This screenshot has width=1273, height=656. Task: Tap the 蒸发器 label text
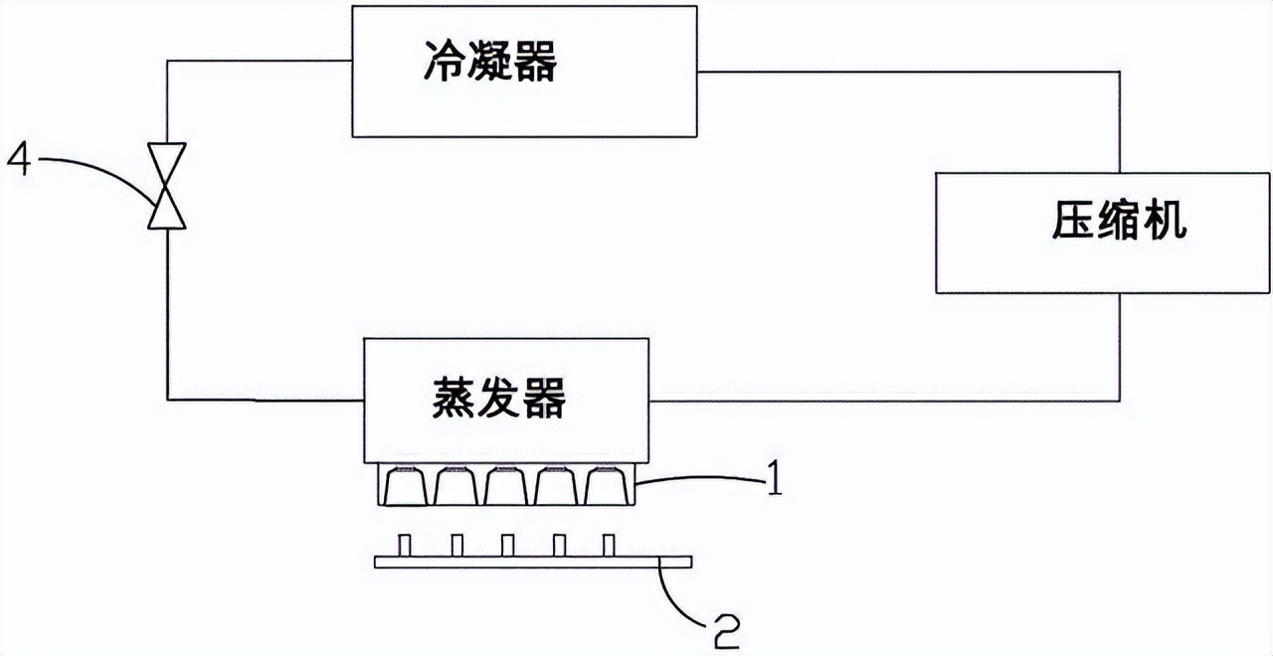pos(499,399)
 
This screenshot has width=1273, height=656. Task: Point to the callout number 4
pos(22,159)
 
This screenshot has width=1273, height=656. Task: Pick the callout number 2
pos(726,630)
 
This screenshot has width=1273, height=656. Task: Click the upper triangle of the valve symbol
pos(166,158)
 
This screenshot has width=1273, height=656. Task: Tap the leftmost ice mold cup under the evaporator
pos(406,486)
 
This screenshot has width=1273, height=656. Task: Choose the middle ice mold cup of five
pos(507,486)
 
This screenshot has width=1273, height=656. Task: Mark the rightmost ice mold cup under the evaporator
pos(608,486)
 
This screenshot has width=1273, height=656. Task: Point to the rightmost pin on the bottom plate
pos(610,546)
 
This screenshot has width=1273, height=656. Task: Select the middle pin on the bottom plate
pos(507,546)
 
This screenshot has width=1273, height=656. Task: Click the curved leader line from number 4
pos(99,164)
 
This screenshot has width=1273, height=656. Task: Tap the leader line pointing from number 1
pos(696,482)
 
